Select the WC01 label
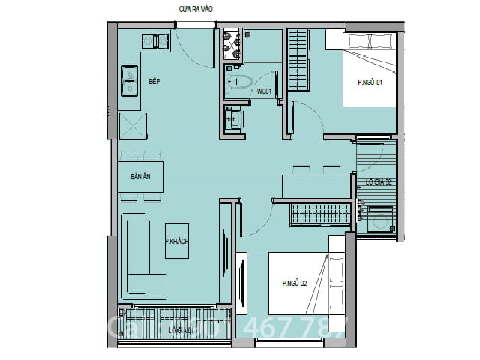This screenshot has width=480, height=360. point(263,91)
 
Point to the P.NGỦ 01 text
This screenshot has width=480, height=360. point(370,82)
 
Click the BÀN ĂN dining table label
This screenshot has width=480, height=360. point(140,178)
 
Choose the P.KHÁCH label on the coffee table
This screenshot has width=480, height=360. point(176,241)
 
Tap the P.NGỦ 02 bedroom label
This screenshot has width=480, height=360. point(295,283)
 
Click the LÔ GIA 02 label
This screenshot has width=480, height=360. point(378,181)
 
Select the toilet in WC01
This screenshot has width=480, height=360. point(241,83)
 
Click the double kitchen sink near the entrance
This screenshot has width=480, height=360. point(155,40)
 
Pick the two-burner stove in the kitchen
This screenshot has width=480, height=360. point(130,81)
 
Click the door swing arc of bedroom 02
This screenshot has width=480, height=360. point(259,217)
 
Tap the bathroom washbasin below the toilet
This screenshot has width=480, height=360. point(233,118)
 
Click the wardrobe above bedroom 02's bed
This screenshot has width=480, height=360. point(319,214)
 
